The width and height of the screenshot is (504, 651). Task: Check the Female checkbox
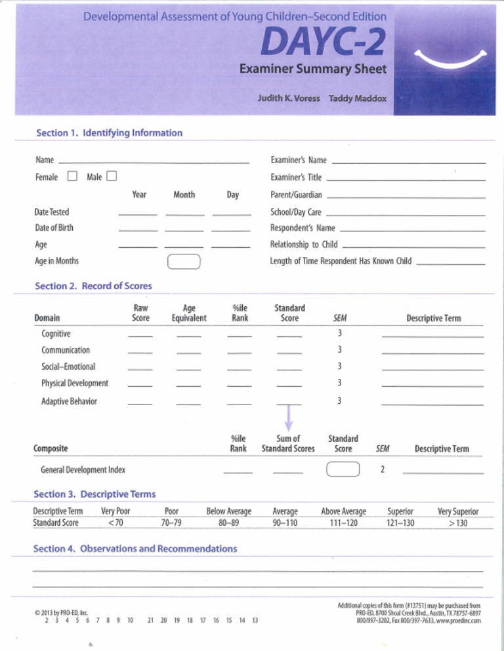(72, 176)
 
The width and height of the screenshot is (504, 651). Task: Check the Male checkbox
(111, 176)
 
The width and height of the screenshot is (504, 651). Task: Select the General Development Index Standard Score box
(343, 469)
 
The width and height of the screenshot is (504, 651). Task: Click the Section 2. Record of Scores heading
(93, 286)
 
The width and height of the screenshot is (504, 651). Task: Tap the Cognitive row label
(56, 334)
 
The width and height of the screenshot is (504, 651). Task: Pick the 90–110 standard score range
(285, 523)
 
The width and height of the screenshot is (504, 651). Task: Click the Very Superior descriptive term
(457, 511)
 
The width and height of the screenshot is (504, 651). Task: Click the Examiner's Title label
(296, 177)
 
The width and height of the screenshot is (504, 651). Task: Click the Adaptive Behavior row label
(69, 401)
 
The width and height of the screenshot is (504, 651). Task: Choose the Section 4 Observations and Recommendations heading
(135, 548)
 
